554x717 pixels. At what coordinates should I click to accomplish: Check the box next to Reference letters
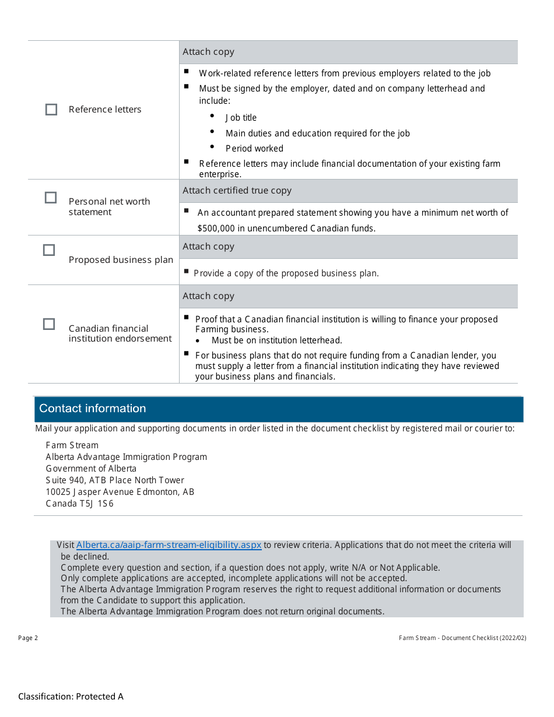[51, 110]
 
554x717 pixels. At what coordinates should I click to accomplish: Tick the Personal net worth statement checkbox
[51, 198]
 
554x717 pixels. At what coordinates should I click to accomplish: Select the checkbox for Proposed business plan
[49, 250]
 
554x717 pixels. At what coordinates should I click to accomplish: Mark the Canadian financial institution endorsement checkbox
[49, 324]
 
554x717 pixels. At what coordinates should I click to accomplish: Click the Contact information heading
[93, 409]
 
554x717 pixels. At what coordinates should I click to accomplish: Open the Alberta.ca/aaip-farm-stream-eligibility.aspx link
[169, 545]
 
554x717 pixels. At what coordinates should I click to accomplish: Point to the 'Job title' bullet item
[241, 118]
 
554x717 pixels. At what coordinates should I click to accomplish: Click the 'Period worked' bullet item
[254, 149]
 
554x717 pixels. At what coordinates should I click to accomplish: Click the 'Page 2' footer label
[28, 638]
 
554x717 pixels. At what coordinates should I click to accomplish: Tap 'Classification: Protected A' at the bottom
[71, 696]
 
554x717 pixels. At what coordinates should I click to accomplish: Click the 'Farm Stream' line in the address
[72, 445]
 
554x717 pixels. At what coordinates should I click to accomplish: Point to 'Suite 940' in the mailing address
[65, 480]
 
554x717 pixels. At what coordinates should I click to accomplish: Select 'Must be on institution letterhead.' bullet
[276, 340]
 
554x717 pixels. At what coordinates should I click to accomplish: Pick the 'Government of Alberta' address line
[91, 469]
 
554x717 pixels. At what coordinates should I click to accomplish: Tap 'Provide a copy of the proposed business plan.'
[286, 273]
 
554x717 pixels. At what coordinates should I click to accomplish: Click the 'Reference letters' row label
[105, 110]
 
